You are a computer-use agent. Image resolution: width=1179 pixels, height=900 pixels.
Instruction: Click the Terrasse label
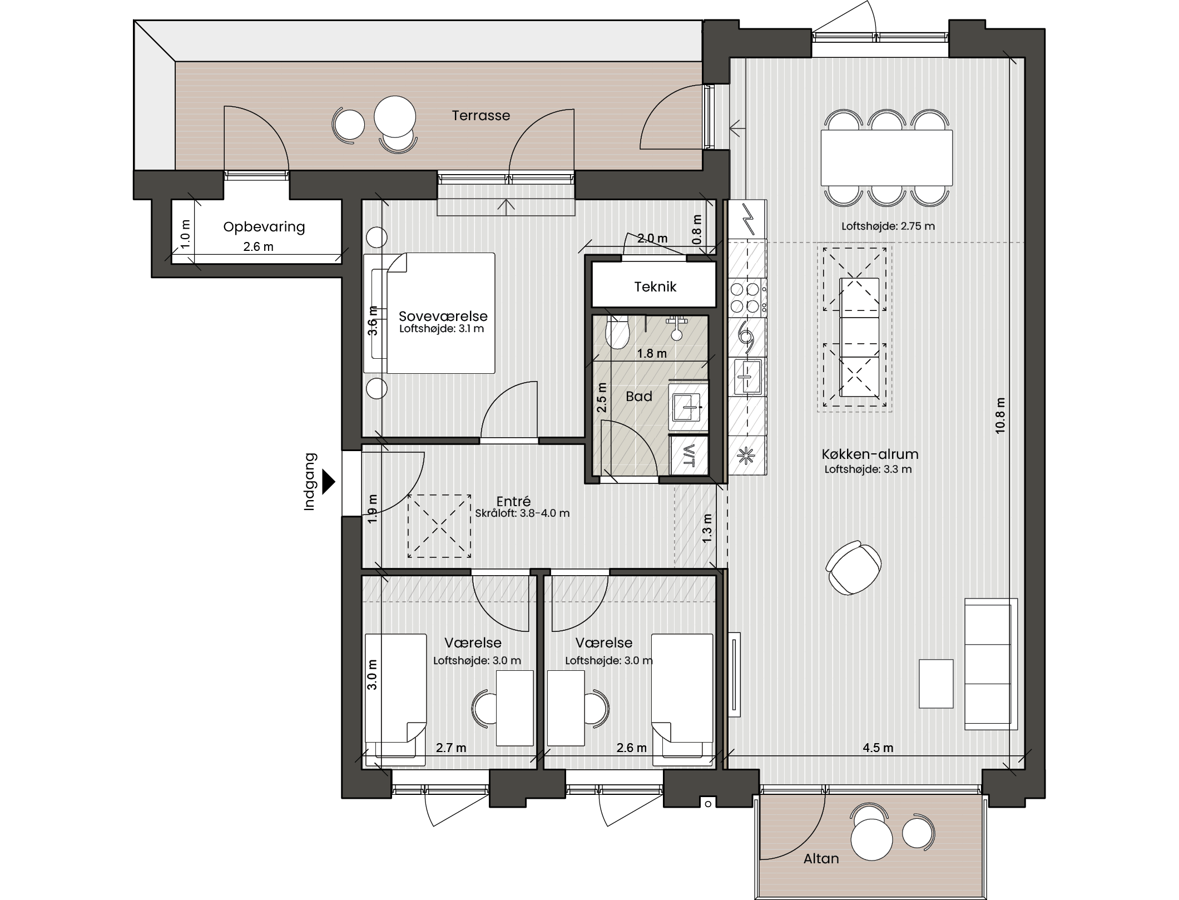click(480, 116)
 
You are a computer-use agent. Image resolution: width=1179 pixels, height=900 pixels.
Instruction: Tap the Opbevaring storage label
click(264, 227)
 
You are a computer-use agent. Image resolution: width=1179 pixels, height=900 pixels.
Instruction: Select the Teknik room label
click(655, 287)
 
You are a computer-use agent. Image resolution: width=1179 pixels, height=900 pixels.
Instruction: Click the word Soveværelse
click(443, 316)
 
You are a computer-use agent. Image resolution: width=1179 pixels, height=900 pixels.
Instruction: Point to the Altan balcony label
click(821, 858)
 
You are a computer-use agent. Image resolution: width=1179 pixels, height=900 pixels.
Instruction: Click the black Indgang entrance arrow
click(329, 482)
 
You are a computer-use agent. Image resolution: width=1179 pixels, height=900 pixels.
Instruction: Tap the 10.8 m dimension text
click(1000, 416)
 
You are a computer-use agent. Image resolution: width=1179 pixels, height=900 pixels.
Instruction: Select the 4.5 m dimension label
click(878, 748)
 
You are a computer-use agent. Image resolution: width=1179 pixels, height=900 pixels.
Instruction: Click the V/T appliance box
click(689, 455)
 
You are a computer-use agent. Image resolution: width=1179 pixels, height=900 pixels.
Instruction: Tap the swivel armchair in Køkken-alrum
click(853, 568)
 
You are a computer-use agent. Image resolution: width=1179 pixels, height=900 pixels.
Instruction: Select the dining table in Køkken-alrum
click(886, 158)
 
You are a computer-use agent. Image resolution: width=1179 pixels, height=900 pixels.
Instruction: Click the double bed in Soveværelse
click(429, 313)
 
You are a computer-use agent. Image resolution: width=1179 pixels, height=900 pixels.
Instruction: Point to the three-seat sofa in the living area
click(990, 664)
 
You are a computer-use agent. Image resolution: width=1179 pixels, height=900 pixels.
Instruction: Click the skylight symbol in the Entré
click(439, 526)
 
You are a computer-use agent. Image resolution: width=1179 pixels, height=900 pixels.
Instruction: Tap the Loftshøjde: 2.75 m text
click(888, 226)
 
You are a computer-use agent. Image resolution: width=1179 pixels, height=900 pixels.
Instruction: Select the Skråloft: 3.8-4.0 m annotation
click(522, 513)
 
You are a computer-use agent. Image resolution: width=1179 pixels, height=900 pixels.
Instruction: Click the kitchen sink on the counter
click(747, 377)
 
